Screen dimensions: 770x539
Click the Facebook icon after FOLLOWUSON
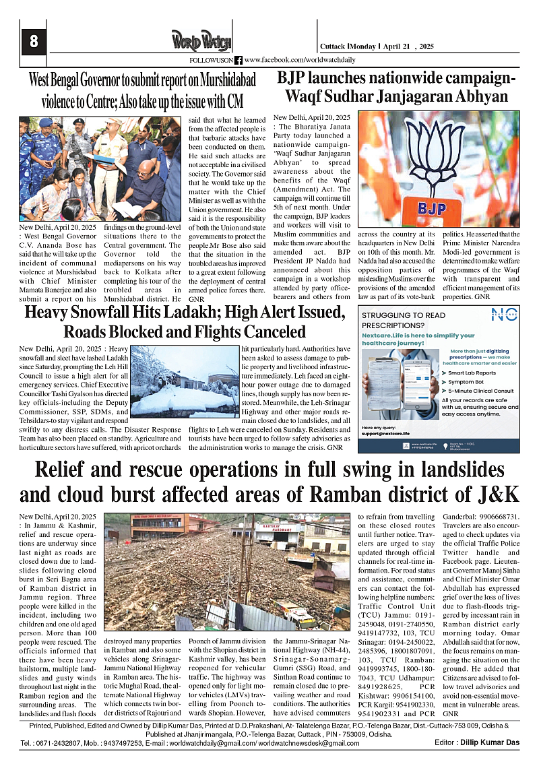[238, 60]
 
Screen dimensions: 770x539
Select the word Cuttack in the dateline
[333, 46]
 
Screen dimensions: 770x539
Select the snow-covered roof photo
[195, 383]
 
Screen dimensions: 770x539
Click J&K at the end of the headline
[497, 494]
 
